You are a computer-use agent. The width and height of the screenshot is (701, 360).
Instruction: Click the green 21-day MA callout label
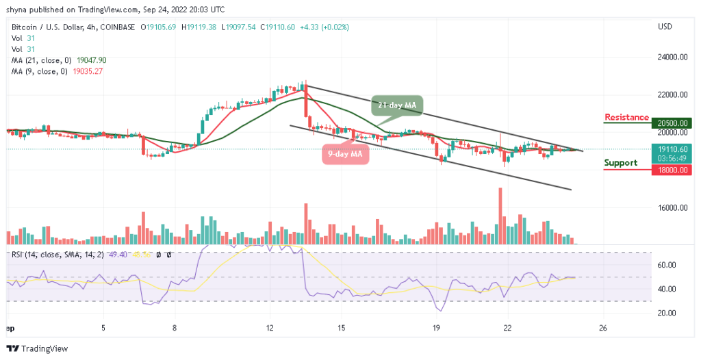pos(398,105)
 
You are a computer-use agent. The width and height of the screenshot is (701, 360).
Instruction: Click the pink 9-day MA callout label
pos(345,154)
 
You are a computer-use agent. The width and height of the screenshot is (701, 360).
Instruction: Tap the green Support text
pos(621,163)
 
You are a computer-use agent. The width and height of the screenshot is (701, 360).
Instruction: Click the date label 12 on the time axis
pos(270,327)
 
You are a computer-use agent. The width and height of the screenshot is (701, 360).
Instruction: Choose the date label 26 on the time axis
pos(602,327)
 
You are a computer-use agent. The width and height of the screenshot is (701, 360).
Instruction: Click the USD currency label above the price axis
pos(665,27)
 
